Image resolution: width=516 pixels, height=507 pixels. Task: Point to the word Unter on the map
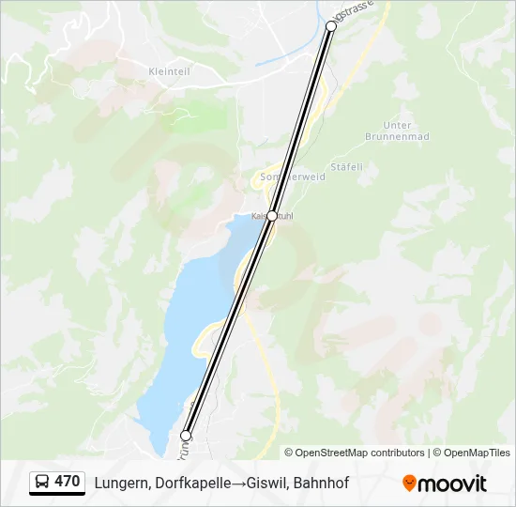[x=398, y=125]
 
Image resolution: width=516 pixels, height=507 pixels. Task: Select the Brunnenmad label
[x=397, y=136]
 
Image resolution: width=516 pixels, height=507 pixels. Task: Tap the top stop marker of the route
[x=330, y=27]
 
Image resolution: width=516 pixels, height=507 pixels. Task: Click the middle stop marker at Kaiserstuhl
[x=272, y=216]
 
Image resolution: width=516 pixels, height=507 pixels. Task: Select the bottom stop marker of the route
[x=186, y=436]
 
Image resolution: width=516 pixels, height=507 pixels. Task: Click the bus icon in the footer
[x=42, y=483]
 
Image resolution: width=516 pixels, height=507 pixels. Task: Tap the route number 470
[x=68, y=482]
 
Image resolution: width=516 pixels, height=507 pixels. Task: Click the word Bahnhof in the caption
[x=318, y=484]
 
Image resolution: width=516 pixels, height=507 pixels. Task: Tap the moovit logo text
[x=452, y=484]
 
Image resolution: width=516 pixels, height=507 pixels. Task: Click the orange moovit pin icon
[x=409, y=484]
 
